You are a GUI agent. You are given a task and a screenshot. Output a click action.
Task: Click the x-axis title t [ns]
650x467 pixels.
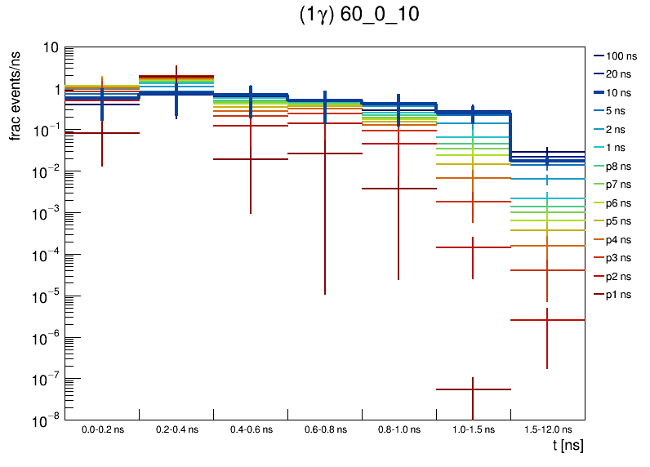tap(568, 446)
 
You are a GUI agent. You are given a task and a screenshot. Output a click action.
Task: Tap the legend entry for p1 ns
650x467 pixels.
tap(618, 295)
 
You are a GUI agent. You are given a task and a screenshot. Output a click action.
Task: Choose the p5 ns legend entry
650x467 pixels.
tap(618, 220)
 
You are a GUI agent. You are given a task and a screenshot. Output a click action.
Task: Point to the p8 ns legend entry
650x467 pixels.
tap(618, 166)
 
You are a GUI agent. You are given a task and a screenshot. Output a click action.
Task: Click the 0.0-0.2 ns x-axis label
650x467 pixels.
tap(102, 429)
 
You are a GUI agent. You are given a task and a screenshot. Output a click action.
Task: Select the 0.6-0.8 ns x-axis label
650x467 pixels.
tap(324, 429)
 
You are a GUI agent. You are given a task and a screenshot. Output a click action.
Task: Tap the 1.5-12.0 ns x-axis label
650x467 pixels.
tap(547, 429)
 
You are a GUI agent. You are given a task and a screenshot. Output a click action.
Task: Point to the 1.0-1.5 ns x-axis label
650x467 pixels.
tap(473, 429)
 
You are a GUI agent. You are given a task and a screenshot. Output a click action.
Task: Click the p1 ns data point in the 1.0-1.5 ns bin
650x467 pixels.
tap(473, 389)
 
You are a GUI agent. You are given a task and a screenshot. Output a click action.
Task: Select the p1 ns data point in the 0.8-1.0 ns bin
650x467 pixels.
tap(398, 189)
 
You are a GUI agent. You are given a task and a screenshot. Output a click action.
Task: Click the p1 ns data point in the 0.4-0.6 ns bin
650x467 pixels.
tap(250, 159)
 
